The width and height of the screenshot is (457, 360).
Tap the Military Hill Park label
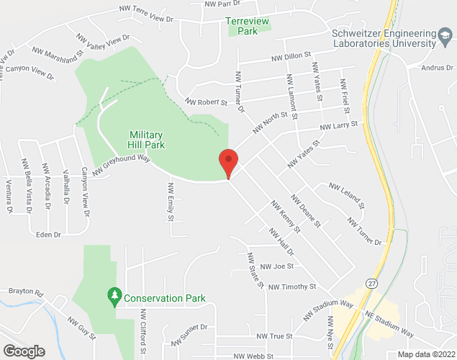[147, 140]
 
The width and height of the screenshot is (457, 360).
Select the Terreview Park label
[248, 27]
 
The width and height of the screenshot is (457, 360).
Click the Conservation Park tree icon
[114, 297]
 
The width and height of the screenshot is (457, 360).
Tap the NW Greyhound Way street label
[120, 163]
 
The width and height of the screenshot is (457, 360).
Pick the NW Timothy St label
[291, 287]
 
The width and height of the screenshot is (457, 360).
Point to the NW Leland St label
[347, 195]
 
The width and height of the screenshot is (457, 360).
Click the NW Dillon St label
[290, 55]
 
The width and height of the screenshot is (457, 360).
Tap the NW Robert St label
[206, 102]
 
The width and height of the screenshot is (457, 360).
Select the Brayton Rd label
[26, 293]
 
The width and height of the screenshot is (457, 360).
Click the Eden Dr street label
[48, 235]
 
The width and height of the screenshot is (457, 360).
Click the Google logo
[23, 351]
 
